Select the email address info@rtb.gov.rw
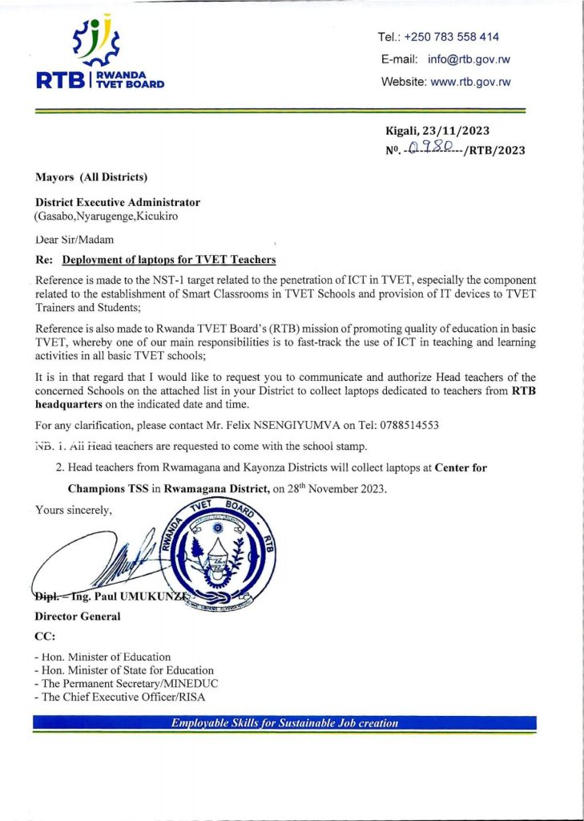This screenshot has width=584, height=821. (x=469, y=59)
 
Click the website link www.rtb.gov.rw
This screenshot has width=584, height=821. (x=470, y=82)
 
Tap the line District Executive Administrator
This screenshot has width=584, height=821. (x=117, y=203)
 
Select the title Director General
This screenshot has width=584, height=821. (x=78, y=617)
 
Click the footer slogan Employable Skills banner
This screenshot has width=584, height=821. (x=285, y=723)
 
